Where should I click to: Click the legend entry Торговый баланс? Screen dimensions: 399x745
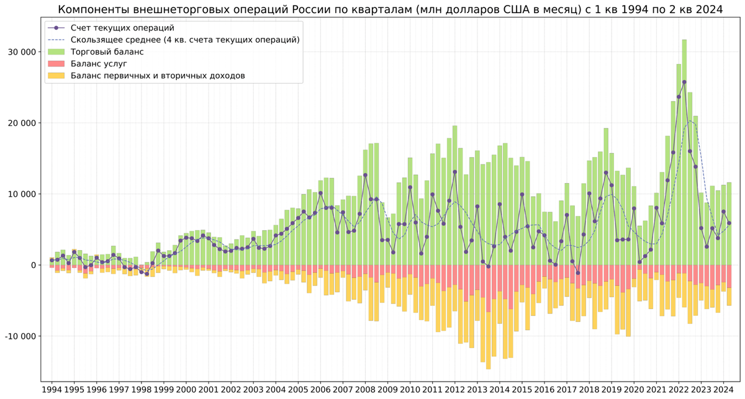click(x=107, y=52)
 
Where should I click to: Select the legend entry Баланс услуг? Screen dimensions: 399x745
click(x=99, y=63)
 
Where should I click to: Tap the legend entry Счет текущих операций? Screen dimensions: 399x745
click(x=122, y=28)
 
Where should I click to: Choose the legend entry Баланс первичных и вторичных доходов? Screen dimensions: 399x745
click(x=158, y=76)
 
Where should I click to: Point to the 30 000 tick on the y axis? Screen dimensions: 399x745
click(x=21, y=52)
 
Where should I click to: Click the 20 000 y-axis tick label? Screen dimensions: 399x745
click(x=21, y=123)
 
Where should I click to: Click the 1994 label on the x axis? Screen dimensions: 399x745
click(x=52, y=390)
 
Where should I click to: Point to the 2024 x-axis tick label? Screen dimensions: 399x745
click(x=723, y=390)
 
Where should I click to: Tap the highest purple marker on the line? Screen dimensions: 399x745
click(x=684, y=82)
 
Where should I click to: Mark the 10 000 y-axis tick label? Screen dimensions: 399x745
click(x=21, y=194)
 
